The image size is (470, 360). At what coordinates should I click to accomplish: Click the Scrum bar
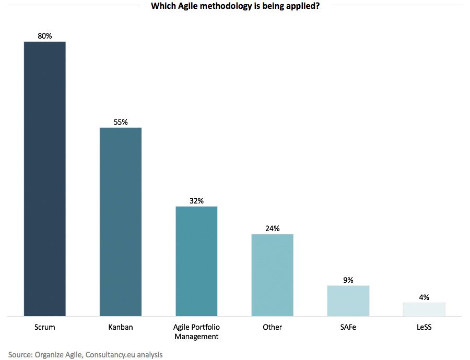44,178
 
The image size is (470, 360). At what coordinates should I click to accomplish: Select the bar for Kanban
120,222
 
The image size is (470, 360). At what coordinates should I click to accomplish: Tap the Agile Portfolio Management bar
196,261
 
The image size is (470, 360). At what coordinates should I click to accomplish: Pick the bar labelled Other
272,275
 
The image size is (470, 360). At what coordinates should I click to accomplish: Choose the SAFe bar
348,301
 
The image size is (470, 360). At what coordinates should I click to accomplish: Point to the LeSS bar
424,309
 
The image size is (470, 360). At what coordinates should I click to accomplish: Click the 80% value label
44,36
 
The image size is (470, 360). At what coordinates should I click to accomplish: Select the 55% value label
120,122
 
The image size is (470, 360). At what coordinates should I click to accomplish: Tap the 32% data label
196,201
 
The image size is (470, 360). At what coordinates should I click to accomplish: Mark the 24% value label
272,229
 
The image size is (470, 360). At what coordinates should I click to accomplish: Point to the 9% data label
348,280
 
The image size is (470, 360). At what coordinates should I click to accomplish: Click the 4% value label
424,297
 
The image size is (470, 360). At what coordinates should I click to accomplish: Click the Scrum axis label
44,327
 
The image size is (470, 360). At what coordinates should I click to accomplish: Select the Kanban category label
120,327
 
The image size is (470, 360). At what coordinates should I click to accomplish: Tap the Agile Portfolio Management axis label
196,332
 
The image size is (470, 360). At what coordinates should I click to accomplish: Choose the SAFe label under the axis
348,327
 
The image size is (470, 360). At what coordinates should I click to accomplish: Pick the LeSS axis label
424,327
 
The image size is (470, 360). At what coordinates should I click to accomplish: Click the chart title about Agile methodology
235,7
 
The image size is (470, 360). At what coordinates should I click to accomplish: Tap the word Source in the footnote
20,355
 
